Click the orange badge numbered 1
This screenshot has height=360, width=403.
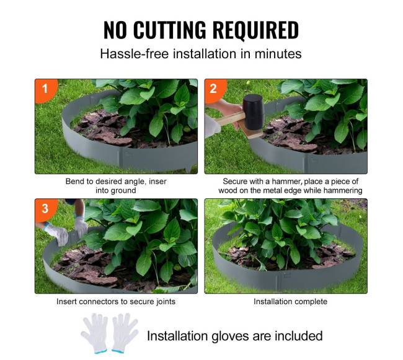pos(45,89)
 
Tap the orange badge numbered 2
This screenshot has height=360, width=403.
pos(215,89)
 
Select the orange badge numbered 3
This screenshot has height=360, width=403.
pos(45,208)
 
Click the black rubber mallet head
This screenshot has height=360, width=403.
pos(254,112)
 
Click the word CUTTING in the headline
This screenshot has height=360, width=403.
pos(170,30)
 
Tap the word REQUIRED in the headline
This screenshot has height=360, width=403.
pos(255,30)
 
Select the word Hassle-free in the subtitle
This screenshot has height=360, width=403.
pos(135,54)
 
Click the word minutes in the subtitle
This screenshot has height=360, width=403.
pos(278,54)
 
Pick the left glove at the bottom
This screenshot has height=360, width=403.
pos(95,333)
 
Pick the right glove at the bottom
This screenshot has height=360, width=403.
pos(125,333)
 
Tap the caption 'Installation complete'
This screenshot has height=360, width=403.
pos(290,302)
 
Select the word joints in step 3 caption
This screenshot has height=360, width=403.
pos(166,302)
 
